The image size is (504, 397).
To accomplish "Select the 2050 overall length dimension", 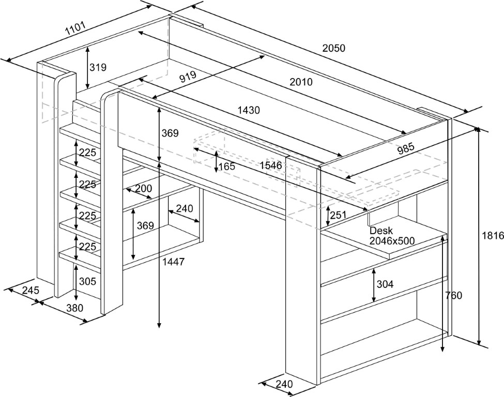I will coord(333,48).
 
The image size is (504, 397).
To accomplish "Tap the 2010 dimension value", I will coord(301,82).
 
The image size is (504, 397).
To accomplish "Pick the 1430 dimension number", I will coord(249,110).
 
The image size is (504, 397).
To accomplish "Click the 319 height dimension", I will coord(98,67).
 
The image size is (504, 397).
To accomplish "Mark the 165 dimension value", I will coord(226,166).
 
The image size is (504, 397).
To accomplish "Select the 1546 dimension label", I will coord(271,165).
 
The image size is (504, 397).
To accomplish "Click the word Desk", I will coord(381,231).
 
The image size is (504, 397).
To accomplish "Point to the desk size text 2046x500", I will coord(392,240).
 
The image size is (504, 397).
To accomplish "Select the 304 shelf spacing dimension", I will coord(385,284).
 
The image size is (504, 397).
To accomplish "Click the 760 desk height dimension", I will coord(453,296).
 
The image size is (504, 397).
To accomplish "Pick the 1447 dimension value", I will coord(173,262).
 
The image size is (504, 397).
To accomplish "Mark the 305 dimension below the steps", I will coord(87,281).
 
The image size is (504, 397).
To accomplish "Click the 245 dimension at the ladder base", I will coord(31,291).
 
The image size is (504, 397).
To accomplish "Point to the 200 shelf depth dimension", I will coord(144,189).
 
